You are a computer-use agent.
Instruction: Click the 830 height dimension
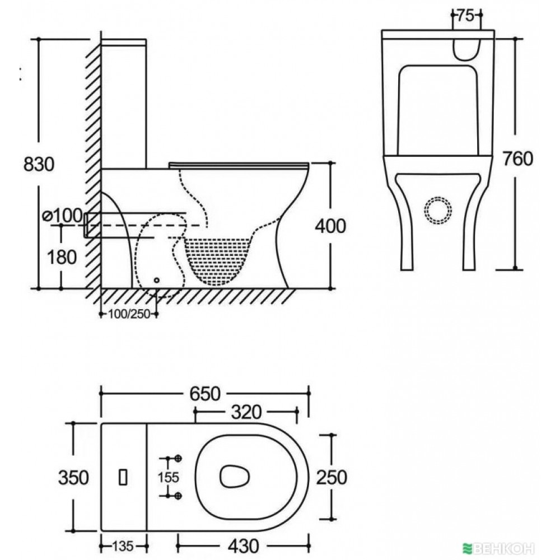(x=39, y=164)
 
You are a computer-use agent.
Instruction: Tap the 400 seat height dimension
(x=330, y=226)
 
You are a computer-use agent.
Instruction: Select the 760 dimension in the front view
(x=518, y=158)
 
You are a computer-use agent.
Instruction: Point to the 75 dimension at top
(x=466, y=15)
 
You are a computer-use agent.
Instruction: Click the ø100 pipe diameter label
(x=63, y=216)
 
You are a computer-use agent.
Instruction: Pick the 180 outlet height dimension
(x=62, y=257)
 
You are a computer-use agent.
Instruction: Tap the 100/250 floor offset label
(x=129, y=314)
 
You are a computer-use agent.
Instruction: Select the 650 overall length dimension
(x=205, y=394)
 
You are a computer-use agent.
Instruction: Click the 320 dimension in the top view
(x=246, y=412)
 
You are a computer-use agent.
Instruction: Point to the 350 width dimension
(x=73, y=478)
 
